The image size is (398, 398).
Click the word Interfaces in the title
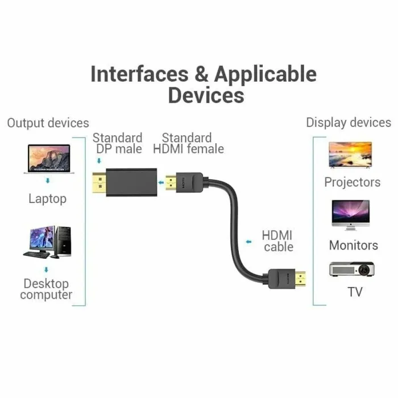coord(140,74)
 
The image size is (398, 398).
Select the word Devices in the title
coord(206,95)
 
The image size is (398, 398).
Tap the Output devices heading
coord(48,123)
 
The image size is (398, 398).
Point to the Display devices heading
coord(349,123)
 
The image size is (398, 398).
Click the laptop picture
coord(49,159)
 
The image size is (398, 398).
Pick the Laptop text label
coord(47,199)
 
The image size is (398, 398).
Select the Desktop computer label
coord(46,289)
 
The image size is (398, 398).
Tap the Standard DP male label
coord(117,143)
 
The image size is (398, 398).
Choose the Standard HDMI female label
coord(188,143)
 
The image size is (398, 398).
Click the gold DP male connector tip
coord(100,183)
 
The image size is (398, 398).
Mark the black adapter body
coord(131,183)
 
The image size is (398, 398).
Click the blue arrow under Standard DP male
coord(100,161)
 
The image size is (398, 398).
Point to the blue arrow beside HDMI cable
coord(249,242)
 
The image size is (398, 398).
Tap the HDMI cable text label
coord(278,241)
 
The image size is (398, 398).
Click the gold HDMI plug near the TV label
coord(300,279)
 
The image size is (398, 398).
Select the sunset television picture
coord(350,155)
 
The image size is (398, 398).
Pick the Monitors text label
coord(353,246)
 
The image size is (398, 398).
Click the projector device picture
coord(352,269)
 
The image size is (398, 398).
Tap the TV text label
coord(355,292)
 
